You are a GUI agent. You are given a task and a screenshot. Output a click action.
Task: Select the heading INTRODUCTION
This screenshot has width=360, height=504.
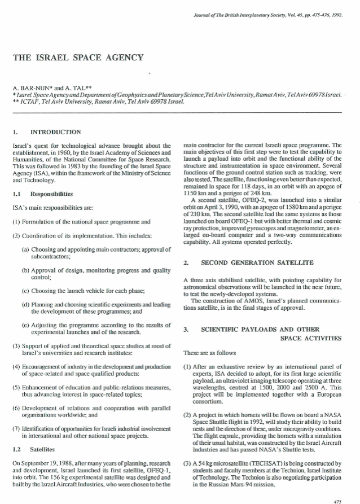tap(55, 132)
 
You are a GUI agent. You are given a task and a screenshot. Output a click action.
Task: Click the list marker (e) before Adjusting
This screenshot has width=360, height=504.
tap(27, 326)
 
